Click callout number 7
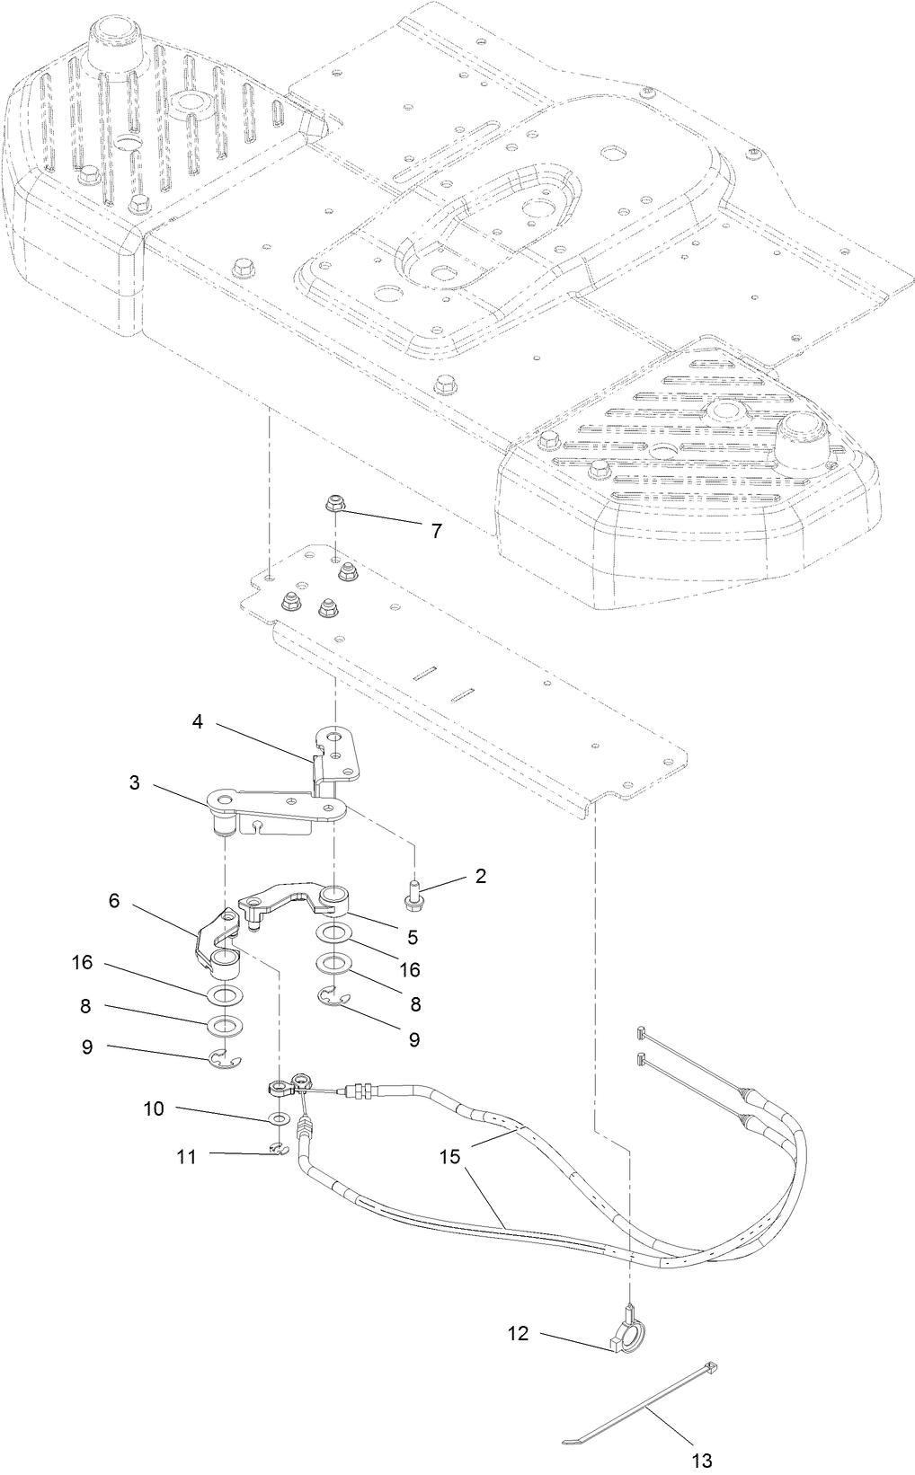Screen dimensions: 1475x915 click(436, 531)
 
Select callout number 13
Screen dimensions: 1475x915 click(702, 1461)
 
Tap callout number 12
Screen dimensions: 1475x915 click(518, 1335)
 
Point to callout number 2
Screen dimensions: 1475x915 click(481, 876)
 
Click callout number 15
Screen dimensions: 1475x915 click(450, 1155)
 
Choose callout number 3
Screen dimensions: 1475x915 click(135, 782)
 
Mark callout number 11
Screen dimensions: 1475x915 click(186, 1156)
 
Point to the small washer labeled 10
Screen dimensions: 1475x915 click(279, 1118)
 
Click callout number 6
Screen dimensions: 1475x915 click(114, 900)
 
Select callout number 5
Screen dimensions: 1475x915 click(413, 937)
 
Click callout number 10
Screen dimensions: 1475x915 click(154, 1108)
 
